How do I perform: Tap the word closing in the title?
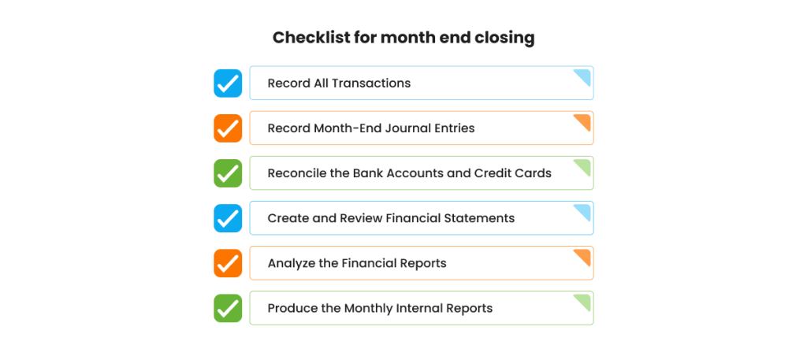coord(504,38)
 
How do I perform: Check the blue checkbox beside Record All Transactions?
coord(228,84)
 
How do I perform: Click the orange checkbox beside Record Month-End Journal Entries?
coord(228,128)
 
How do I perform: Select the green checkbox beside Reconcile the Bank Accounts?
coord(228,173)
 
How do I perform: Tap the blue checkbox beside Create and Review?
coord(228,218)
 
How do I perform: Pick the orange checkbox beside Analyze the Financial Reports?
coord(228,263)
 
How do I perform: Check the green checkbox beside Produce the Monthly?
coord(228,308)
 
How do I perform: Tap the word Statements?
coord(478,218)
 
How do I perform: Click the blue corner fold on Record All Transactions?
coord(584,76)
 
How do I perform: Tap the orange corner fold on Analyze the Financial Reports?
coord(584,255)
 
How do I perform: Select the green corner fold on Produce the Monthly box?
coord(584,300)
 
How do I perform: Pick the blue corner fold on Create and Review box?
coord(584,210)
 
